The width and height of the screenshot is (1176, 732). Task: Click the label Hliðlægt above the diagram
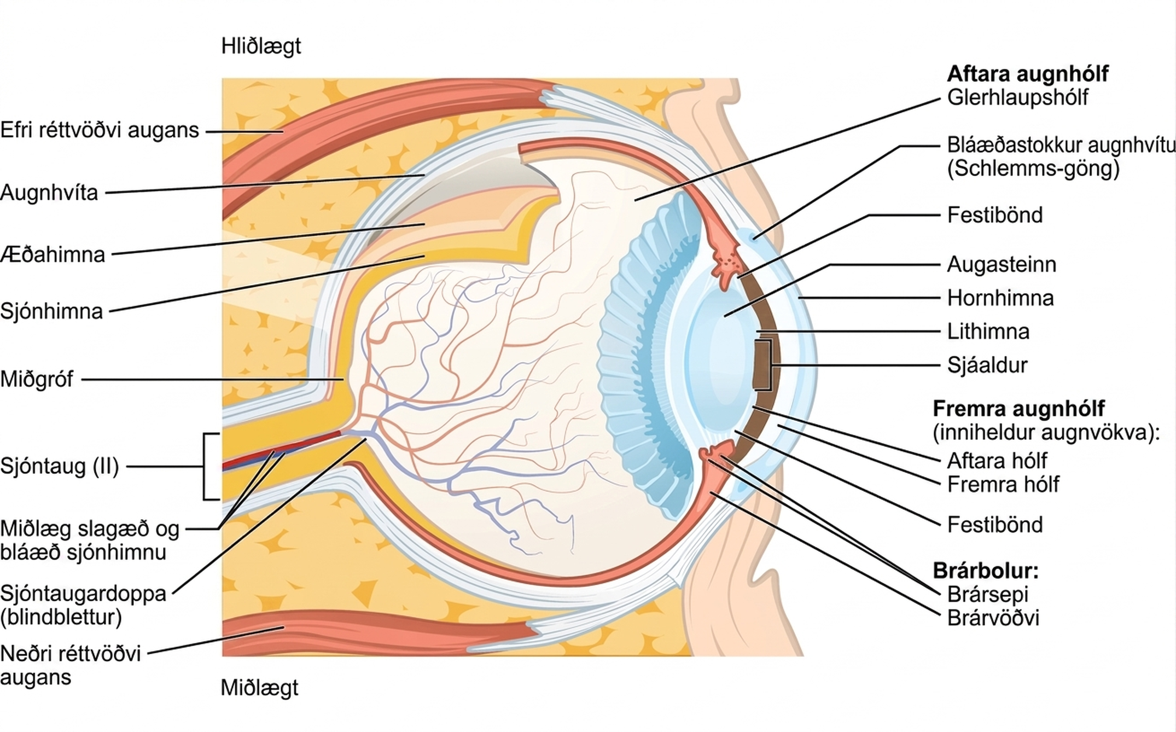261,47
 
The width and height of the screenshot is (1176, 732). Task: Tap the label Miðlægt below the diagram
259,688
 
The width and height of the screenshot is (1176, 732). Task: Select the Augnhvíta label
49,193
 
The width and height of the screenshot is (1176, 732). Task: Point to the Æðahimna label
53,255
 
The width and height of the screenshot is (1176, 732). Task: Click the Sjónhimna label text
51,311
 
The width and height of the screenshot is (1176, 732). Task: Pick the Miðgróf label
37,379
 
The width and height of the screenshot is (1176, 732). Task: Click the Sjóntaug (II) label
60,466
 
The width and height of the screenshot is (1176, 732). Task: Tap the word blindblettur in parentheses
61,617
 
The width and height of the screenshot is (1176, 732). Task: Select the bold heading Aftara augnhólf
1028,74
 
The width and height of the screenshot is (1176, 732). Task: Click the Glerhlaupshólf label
1017,97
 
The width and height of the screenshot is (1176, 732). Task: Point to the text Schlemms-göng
1033,169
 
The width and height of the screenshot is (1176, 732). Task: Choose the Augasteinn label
1002,265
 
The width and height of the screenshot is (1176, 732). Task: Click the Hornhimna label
1000,298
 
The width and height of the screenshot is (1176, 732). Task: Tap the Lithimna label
988,332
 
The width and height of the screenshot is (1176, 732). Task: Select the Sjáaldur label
987,365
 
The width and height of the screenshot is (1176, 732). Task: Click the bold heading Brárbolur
986,571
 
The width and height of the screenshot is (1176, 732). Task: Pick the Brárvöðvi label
993,618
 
